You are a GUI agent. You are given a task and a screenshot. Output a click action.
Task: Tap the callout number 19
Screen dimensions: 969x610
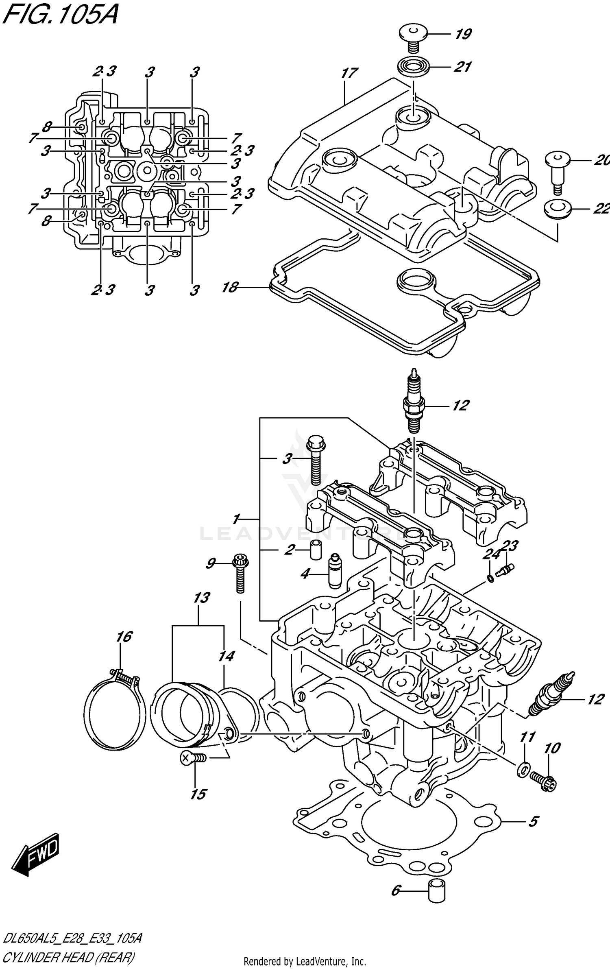pos(463,34)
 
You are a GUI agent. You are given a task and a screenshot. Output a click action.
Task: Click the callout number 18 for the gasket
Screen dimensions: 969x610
pos(230,287)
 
